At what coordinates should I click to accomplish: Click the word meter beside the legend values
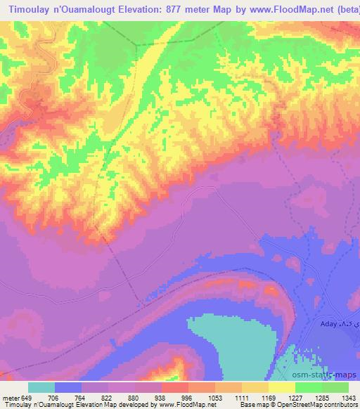point(10,398)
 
